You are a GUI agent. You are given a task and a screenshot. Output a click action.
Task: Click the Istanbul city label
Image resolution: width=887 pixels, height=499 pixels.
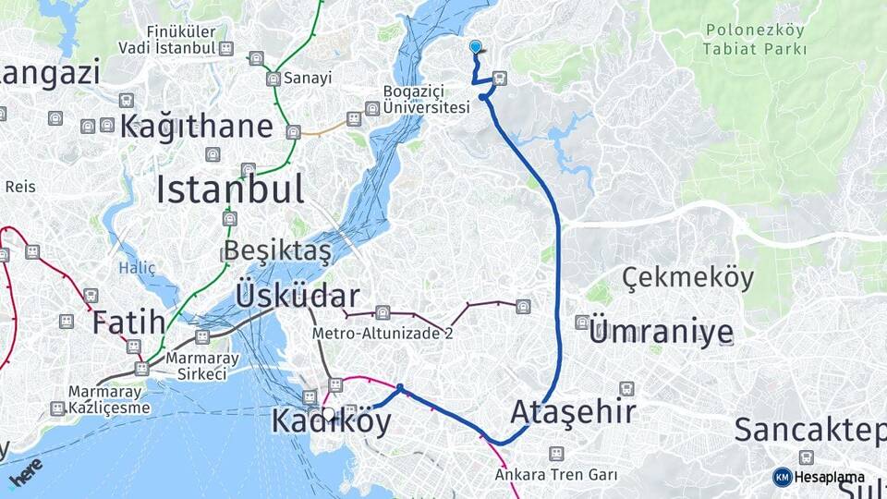[229, 189]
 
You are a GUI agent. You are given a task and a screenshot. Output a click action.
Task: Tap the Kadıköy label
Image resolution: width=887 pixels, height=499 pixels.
[331, 421]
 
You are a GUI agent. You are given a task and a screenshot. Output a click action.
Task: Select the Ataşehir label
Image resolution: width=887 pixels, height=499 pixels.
[573, 411]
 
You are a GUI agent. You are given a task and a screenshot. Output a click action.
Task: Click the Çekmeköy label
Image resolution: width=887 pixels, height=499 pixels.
[687, 277]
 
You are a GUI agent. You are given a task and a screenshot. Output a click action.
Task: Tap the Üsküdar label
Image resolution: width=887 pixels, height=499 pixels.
[297, 297]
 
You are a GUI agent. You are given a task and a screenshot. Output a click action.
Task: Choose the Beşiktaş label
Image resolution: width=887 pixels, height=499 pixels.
[276, 251]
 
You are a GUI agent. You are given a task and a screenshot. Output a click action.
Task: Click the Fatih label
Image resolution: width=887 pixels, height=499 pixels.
[128, 323]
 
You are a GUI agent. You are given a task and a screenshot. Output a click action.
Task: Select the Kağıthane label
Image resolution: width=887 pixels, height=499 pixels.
[196, 127]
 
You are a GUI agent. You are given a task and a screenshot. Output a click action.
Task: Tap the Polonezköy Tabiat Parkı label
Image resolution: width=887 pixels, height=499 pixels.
[755, 40]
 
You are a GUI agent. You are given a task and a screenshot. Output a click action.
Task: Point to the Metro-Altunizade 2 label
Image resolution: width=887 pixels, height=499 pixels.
[383, 333]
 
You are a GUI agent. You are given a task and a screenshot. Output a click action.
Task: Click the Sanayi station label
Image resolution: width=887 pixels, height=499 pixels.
[308, 79]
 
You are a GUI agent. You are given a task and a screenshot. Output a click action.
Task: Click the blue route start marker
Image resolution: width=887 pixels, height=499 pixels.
[475, 46]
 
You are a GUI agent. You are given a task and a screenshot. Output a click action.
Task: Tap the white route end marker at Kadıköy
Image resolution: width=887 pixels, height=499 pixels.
[328, 415]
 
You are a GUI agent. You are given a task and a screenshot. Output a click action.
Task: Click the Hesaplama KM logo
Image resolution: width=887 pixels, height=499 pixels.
[819, 477]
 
